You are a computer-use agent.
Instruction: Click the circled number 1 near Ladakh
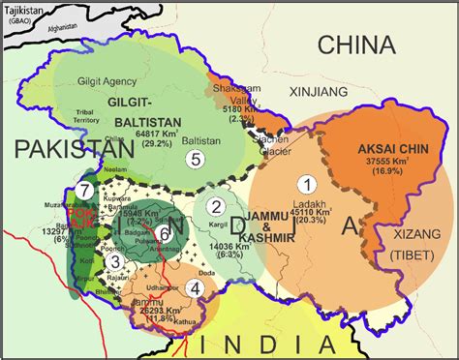point(307,183)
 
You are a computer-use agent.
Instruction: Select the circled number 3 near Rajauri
point(114,261)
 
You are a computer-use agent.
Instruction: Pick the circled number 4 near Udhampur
point(196,286)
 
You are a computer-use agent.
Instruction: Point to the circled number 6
point(165,232)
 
